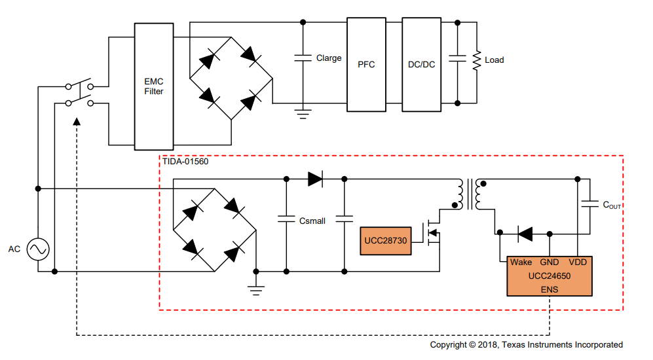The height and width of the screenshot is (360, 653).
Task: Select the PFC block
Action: [x=366, y=65]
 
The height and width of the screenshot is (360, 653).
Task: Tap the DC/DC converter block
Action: [x=421, y=65]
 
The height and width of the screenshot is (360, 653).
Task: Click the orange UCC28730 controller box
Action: [x=386, y=241]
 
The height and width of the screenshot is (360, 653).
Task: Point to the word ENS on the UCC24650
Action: [x=550, y=289]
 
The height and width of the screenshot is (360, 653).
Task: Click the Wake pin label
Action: [x=521, y=262]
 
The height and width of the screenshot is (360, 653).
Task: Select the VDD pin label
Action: [x=578, y=262]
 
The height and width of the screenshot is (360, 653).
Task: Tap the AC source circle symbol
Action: [x=38, y=249]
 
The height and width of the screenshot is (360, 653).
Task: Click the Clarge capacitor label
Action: [x=329, y=58]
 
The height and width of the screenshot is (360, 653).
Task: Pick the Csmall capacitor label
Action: [x=312, y=221]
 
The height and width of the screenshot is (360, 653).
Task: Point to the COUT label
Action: [x=611, y=205]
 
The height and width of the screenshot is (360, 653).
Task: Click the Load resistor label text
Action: [x=494, y=60]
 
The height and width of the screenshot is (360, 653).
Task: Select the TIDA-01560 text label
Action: [x=185, y=161]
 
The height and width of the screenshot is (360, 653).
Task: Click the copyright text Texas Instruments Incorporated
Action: [x=526, y=345]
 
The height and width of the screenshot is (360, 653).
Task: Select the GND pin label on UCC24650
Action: [x=549, y=262]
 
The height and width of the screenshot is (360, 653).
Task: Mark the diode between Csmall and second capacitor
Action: [x=316, y=179]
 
